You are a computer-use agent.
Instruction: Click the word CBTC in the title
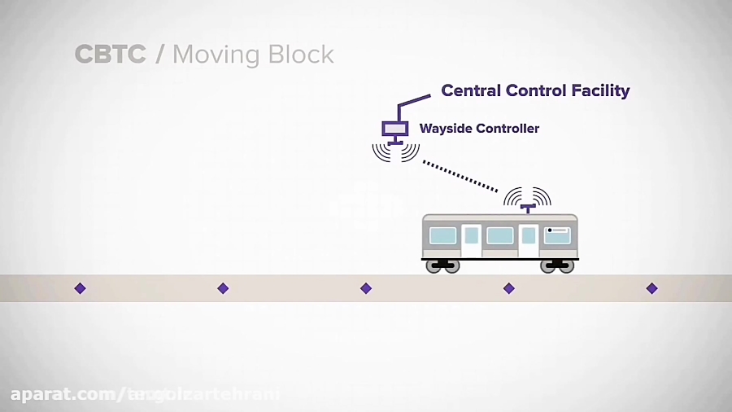pyautogui.click(x=110, y=55)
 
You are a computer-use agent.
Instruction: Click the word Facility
pyautogui.click(x=598, y=90)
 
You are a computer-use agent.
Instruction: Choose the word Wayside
pyautogui.click(x=446, y=129)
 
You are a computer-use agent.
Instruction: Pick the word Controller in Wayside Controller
pyautogui.click(x=508, y=129)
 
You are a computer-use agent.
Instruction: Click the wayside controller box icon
pyautogui.click(x=395, y=129)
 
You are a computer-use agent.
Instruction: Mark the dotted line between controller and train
pyautogui.click(x=460, y=175)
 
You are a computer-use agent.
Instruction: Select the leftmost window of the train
pyautogui.click(x=442, y=235)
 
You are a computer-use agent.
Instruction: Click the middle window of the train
pyautogui.click(x=500, y=235)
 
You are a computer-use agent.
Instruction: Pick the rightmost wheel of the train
pyautogui.click(x=566, y=266)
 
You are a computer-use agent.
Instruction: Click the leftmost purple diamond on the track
pyautogui.click(x=80, y=288)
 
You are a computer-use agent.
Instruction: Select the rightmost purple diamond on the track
pyautogui.click(x=651, y=288)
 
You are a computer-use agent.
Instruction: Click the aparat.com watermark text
pyautogui.click(x=65, y=395)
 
